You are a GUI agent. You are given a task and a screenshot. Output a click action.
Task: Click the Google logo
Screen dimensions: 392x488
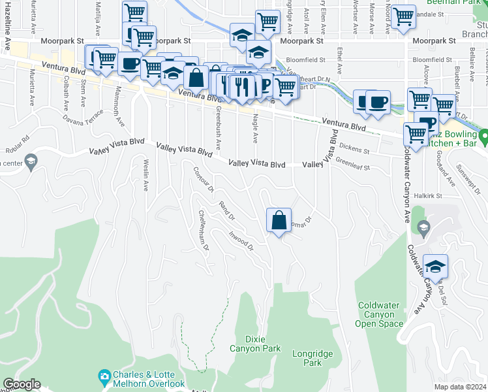[x=22, y=384]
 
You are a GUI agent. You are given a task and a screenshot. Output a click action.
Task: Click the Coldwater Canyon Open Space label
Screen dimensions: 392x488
[x=381, y=314]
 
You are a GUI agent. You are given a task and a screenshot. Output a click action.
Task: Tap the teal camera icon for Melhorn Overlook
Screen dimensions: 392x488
[x=104, y=376]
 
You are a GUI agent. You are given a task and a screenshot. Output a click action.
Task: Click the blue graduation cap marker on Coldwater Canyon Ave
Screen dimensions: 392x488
[x=435, y=266]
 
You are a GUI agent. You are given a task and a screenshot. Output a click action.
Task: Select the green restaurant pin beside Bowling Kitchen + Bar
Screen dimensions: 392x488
[x=483, y=137]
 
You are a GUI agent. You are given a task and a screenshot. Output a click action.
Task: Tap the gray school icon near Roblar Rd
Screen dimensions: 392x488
[x=31, y=161]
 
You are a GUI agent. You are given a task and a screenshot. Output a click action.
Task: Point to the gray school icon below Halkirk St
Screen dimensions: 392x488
[x=423, y=227]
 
